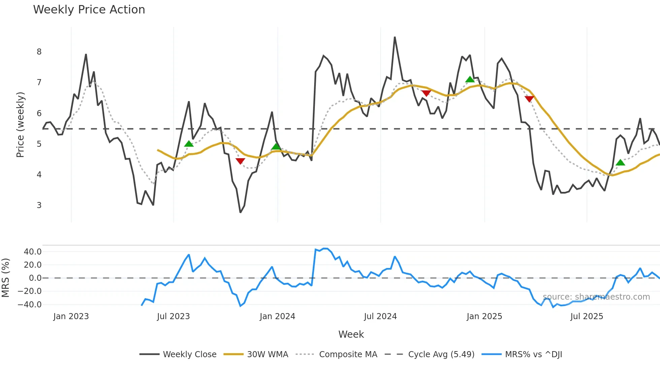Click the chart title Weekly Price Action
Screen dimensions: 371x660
click(89, 10)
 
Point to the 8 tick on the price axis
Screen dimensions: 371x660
click(39, 52)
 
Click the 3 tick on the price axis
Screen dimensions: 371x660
click(39, 205)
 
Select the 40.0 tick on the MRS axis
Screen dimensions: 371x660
click(33, 252)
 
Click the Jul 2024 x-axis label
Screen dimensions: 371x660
click(380, 316)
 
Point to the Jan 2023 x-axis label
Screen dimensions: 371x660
click(71, 316)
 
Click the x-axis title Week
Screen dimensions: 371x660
click(351, 334)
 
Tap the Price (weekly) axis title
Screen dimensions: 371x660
click(20, 125)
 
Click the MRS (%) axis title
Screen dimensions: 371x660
click(5, 278)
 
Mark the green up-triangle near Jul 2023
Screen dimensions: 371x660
click(189, 144)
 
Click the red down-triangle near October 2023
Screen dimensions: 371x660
click(240, 161)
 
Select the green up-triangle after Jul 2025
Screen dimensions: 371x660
click(620, 163)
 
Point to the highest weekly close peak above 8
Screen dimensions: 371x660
click(395, 37)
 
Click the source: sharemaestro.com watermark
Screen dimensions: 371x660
click(596, 297)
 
